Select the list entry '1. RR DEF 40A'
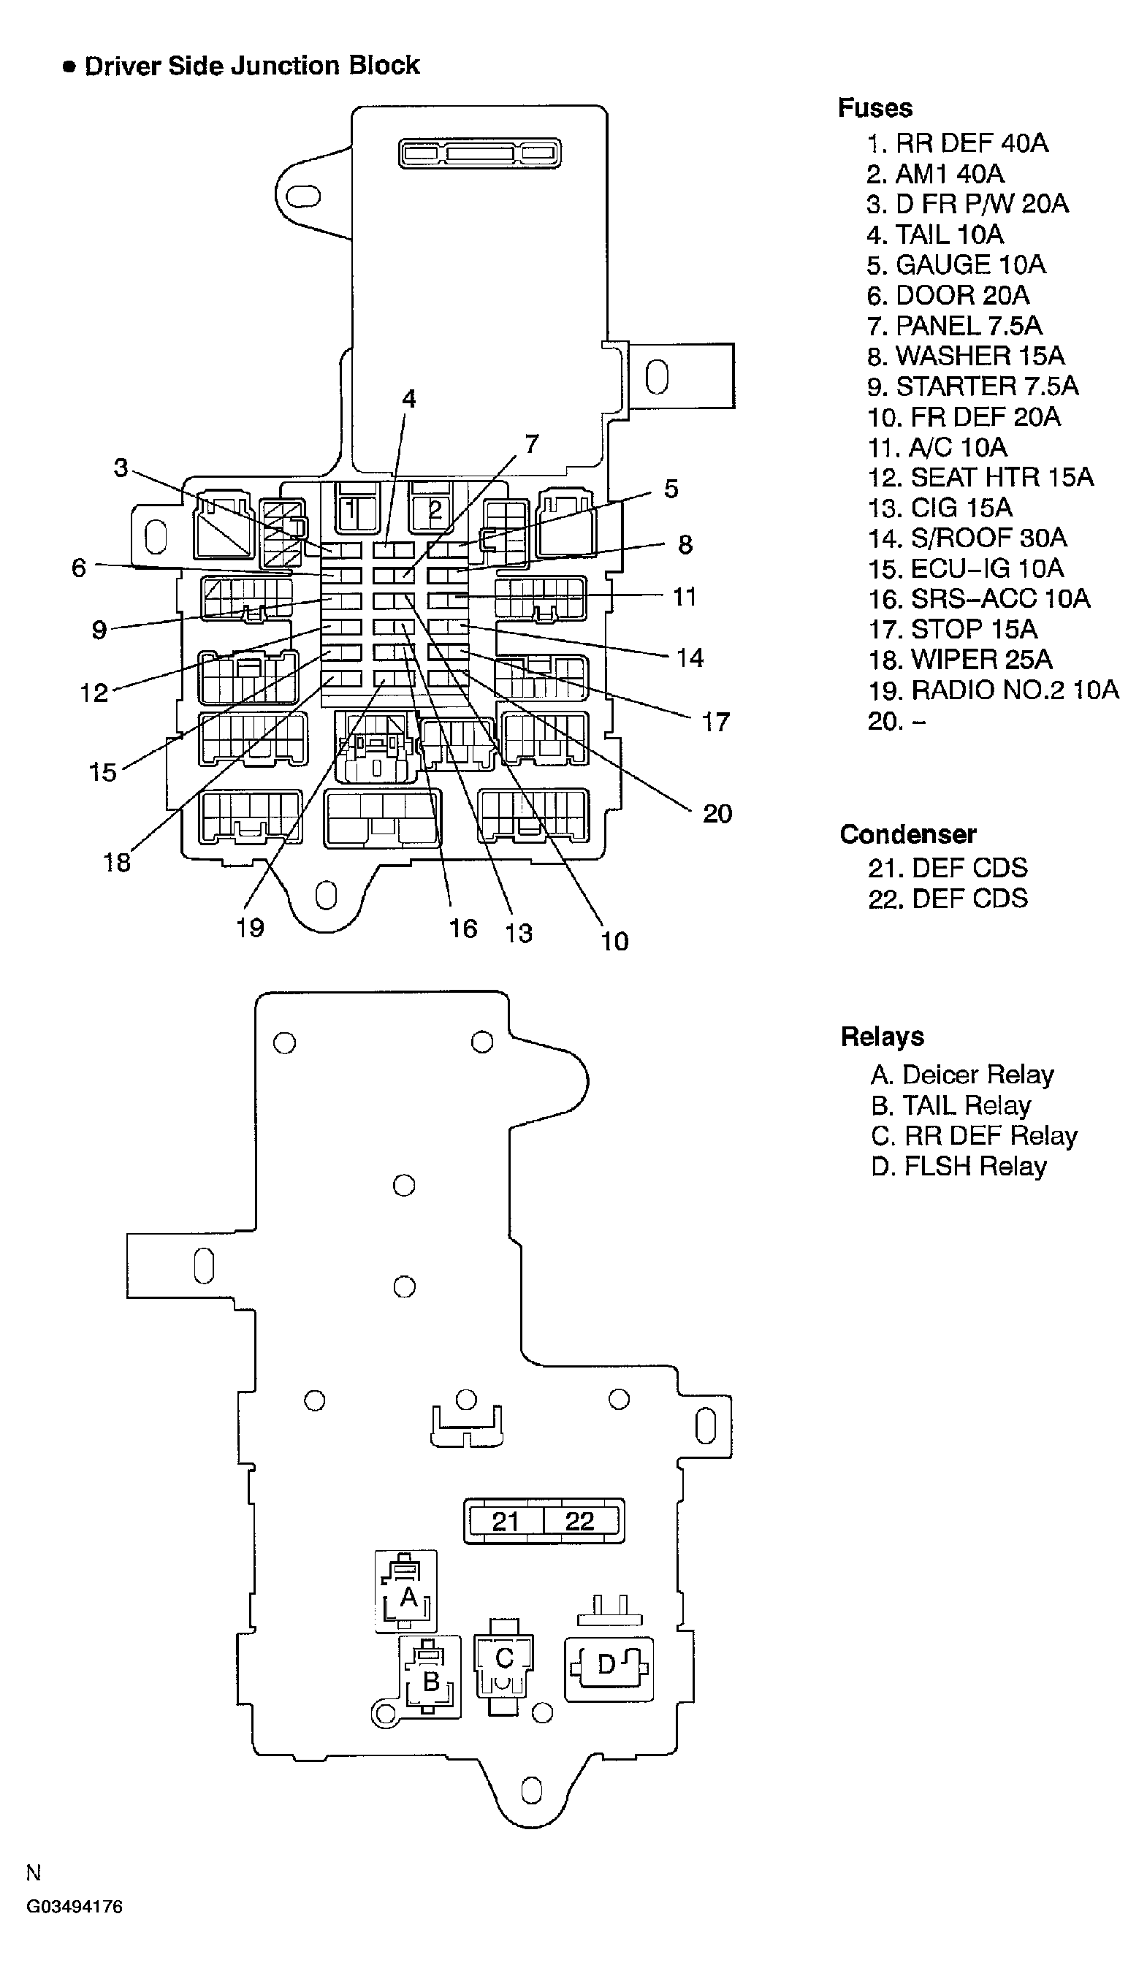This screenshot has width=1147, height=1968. click(957, 143)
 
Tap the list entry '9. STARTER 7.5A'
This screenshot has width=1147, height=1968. click(972, 386)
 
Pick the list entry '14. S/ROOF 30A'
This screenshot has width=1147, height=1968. click(967, 538)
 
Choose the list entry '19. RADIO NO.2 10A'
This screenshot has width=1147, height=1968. click(993, 690)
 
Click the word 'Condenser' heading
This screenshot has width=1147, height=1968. click(907, 834)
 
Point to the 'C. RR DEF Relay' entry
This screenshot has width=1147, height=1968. click(974, 1135)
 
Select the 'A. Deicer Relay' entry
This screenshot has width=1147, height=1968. click(962, 1075)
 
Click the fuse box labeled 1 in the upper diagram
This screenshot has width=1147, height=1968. click(352, 510)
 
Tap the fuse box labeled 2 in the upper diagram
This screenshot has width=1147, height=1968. click(435, 510)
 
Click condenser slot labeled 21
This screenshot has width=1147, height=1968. click(505, 1520)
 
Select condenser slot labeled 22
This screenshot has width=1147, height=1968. click(579, 1520)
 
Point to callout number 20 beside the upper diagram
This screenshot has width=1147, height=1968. click(717, 814)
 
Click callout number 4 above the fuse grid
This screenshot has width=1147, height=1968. click(408, 399)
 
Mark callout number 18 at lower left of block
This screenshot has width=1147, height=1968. click(117, 862)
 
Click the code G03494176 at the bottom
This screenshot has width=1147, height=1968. click(75, 1907)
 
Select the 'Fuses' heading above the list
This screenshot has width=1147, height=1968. click(874, 108)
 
